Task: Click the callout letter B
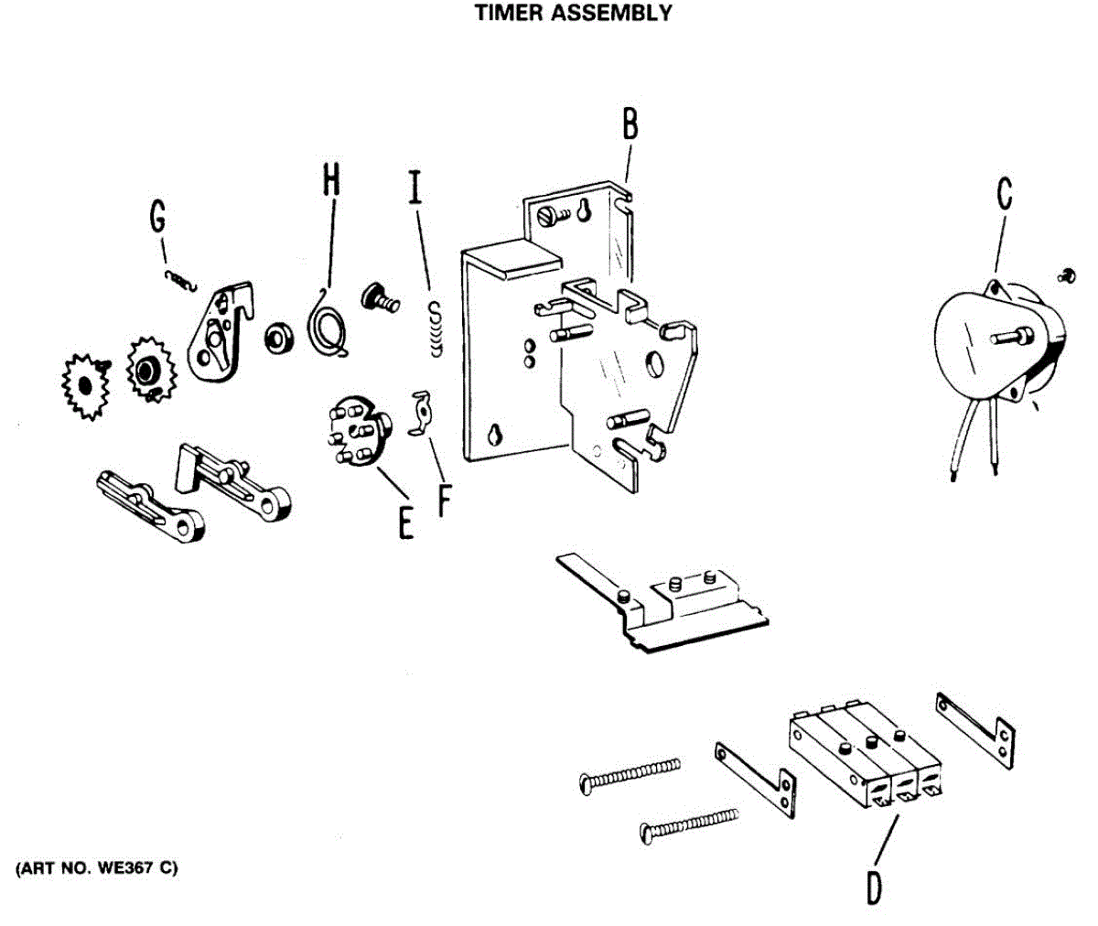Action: pyautogui.click(x=630, y=124)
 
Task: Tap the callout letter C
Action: pyautogui.click(x=1004, y=195)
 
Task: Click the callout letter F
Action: pyautogui.click(x=445, y=499)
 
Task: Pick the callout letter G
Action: pyautogui.click(x=158, y=217)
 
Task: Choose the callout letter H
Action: pyautogui.click(x=330, y=178)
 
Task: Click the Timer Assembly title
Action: pyautogui.click(x=574, y=13)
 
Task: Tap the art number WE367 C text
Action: pyautogui.click(x=96, y=867)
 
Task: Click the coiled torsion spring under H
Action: pyautogui.click(x=328, y=324)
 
